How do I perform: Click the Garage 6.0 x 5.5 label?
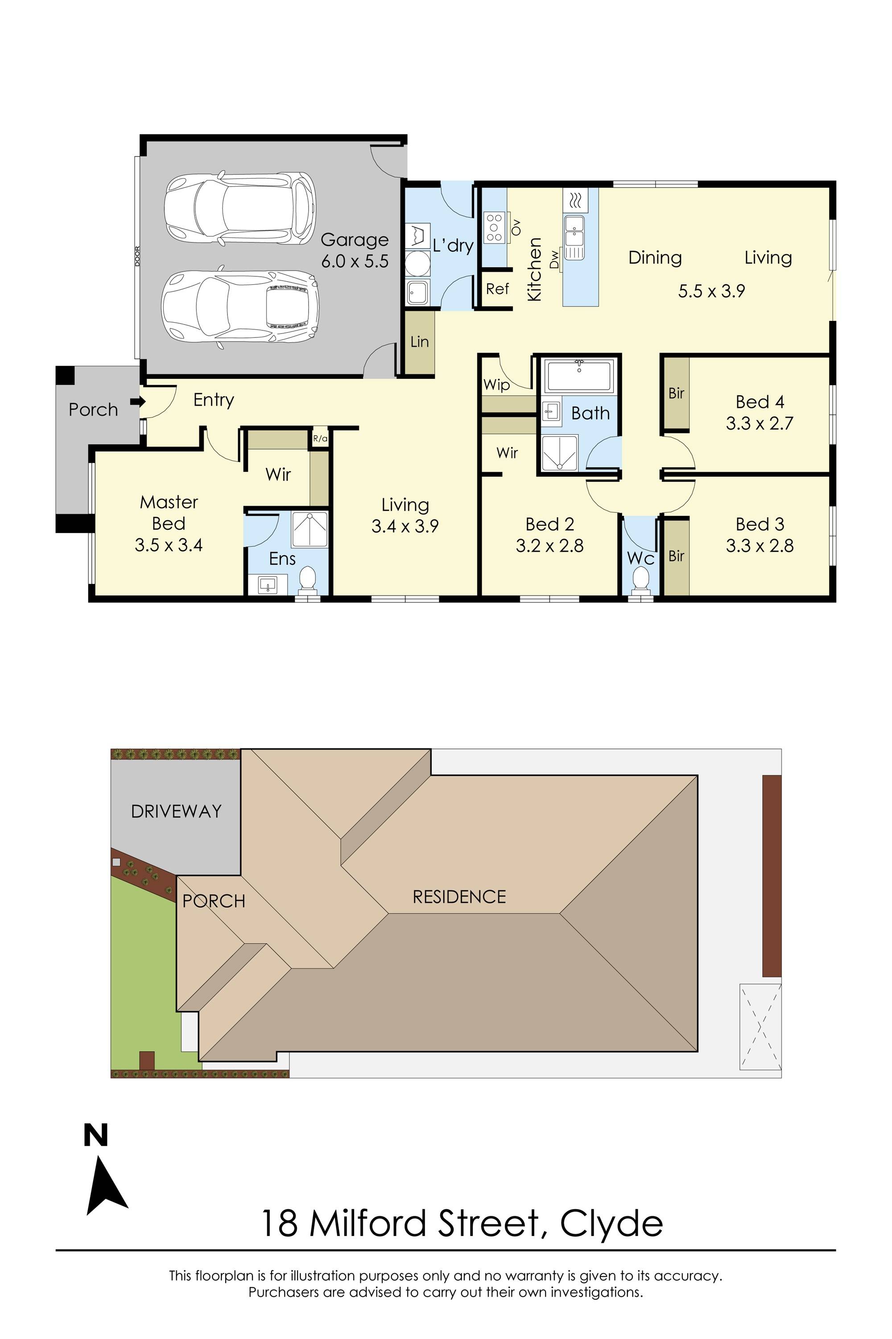pyautogui.click(x=355, y=250)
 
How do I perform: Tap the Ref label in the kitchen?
pyautogui.click(x=497, y=289)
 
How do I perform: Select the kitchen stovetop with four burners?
pyautogui.click(x=494, y=227)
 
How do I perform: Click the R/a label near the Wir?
pyautogui.click(x=320, y=438)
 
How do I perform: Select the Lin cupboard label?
pyautogui.click(x=419, y=341)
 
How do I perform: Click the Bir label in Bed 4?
pyautogui.click(x=676, y=393)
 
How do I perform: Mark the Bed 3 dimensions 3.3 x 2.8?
pyautogui.click(x=760, y=546)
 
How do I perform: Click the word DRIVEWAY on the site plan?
pyautogui.click(x=176, y=811)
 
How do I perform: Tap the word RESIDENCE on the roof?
pyautogui.click(x=459, y=897)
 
